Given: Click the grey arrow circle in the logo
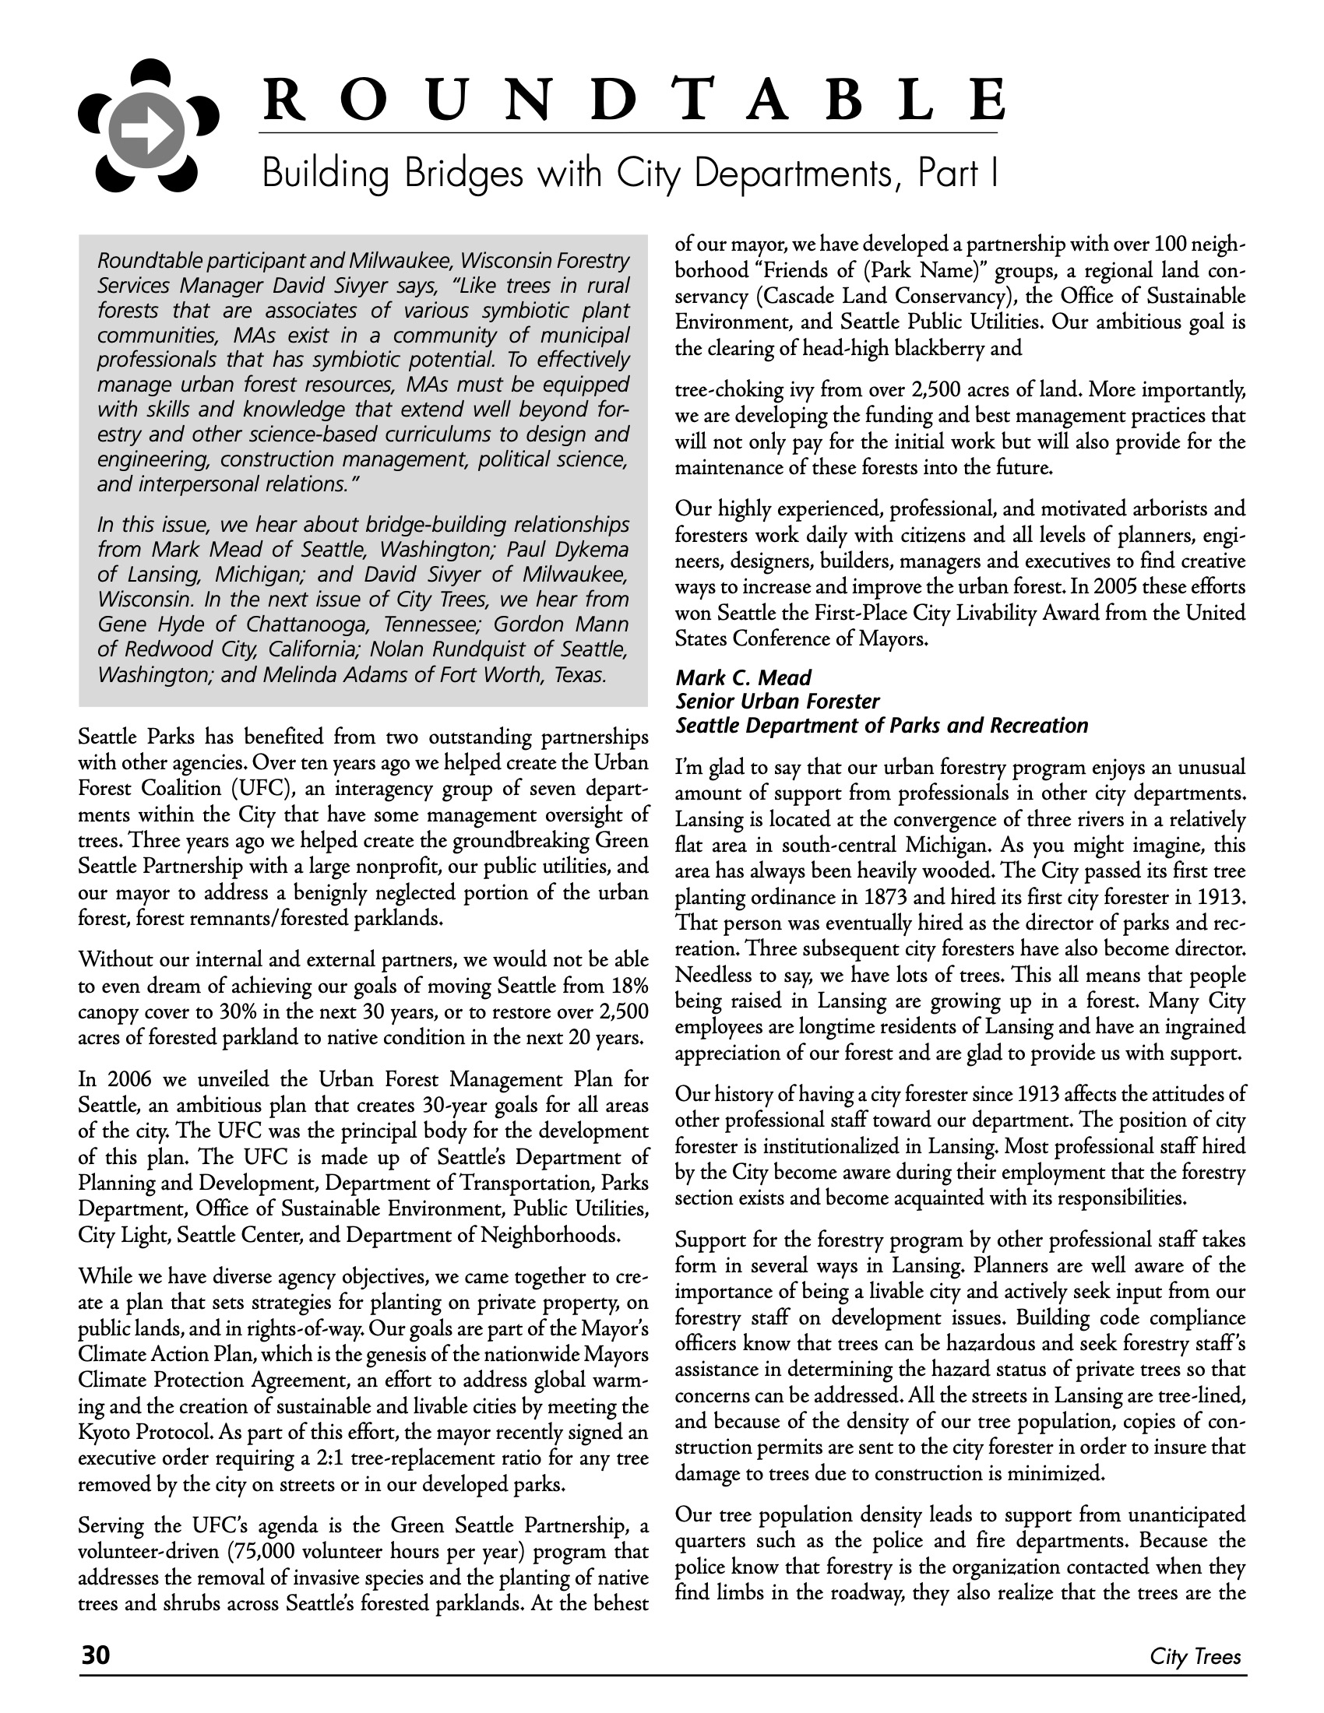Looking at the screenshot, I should (147, 138).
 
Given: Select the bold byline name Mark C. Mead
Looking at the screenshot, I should (744, 677).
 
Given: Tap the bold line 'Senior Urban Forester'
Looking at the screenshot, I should (777, 702).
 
